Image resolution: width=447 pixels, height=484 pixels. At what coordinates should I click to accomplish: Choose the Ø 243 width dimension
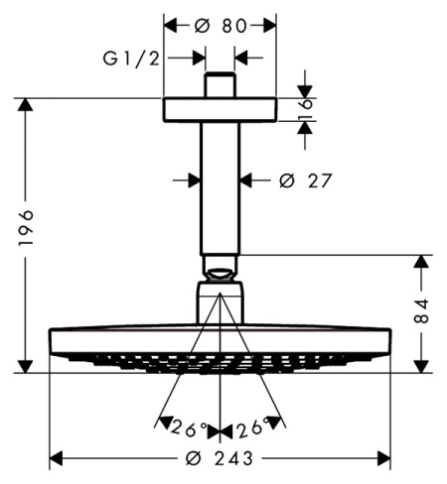[221, 458]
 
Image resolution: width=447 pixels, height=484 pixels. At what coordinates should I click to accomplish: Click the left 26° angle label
[189, 428]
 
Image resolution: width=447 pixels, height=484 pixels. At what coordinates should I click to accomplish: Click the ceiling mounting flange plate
[221, 108]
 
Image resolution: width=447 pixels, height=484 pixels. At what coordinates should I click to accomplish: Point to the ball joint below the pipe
[221, 267]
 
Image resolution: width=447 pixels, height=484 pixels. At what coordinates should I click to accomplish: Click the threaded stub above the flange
[220, 84]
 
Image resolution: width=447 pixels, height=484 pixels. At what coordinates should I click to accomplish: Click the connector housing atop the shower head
[221, 302]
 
